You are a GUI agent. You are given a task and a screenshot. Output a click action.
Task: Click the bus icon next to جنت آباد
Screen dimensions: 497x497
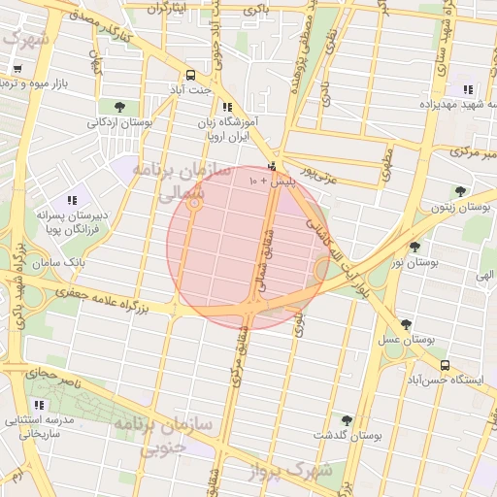[x=190, y=75]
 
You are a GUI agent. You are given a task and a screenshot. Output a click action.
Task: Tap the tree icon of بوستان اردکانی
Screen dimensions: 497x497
[x=119, y=107]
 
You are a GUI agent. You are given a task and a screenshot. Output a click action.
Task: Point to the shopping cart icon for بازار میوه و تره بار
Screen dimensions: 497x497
[x=17, y=68]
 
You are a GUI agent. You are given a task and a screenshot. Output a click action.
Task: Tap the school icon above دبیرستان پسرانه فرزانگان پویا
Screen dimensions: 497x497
[x=71, y=200]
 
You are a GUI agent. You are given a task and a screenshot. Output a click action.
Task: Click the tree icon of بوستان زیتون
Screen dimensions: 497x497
[x=460, y=191]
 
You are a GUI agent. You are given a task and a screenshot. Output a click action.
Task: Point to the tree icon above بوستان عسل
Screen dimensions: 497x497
[x=406, y=324]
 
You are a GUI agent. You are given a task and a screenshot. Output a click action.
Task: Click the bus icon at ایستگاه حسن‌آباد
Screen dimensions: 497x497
[x=445, y=365]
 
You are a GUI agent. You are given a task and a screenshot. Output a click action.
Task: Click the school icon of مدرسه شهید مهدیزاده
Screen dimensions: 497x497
[x=468, y=89]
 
